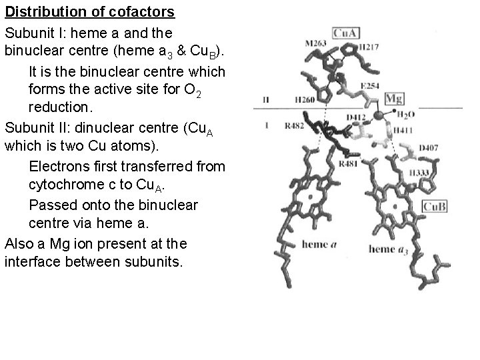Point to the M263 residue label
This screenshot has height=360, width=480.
click(x=315, y=43)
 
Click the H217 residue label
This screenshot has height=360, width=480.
click(x=368, y=47)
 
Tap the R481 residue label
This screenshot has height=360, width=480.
click(x=349, y=163)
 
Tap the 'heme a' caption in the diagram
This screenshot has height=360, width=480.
click(x=319, y=244)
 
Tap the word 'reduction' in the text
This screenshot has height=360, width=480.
click(x=58, y=107)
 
